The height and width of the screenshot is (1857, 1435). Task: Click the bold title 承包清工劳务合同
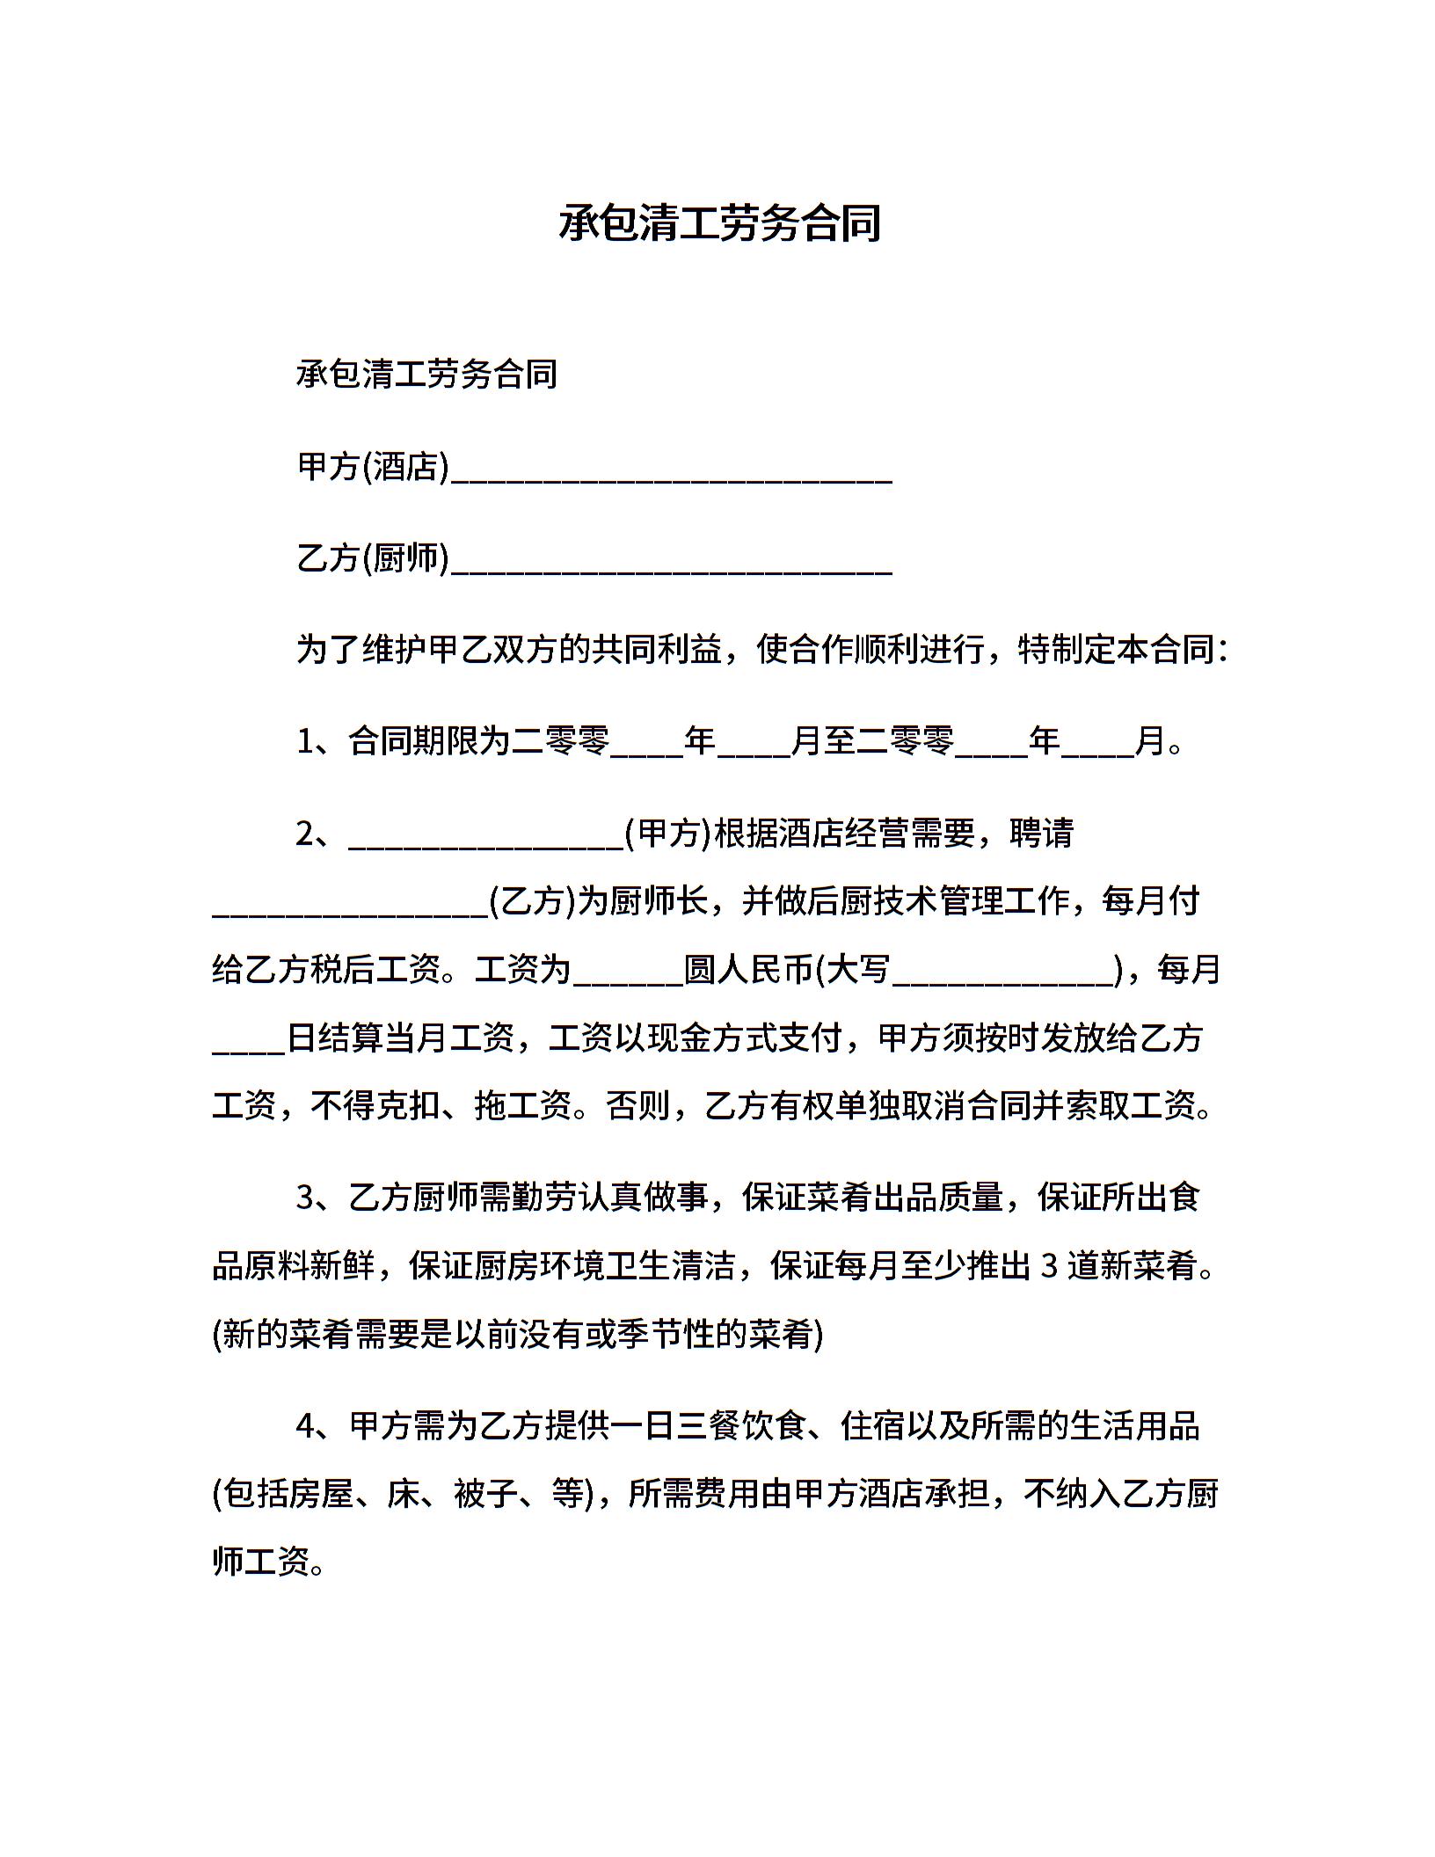tap(718, 223)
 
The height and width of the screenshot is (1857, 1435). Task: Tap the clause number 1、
tap(321, 741)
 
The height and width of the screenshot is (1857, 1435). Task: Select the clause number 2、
tap(321, 833)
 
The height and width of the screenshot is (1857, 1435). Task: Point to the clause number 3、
tap(321, 1198)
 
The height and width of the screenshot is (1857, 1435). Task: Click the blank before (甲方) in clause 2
tap(486, 840)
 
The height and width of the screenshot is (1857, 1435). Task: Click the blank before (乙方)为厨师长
tap(350, 908)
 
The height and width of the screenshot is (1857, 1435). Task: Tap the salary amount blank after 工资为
tap(628, 976)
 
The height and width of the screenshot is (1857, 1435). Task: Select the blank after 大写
tap(1003, 976)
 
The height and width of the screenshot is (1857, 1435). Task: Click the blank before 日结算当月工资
tap(250, 1045)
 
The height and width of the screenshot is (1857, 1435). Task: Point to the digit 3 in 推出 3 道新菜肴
tap(1048, 1266)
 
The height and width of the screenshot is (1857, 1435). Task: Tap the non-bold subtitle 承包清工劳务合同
tap(426, 375)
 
